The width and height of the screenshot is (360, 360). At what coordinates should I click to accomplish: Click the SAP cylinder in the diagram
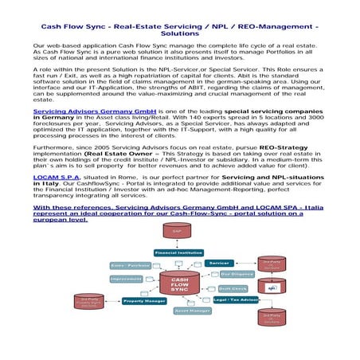coord(178,231)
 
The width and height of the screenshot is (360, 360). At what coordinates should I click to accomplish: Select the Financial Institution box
coord(178,252)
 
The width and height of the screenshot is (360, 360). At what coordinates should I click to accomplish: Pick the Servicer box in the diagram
coord(218,263)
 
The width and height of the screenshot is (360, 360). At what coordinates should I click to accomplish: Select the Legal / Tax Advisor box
coord(237,299)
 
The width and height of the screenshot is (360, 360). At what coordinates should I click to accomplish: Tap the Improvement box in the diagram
coord(127,279)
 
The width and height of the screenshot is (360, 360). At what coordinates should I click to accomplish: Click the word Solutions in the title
coord(179,34)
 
